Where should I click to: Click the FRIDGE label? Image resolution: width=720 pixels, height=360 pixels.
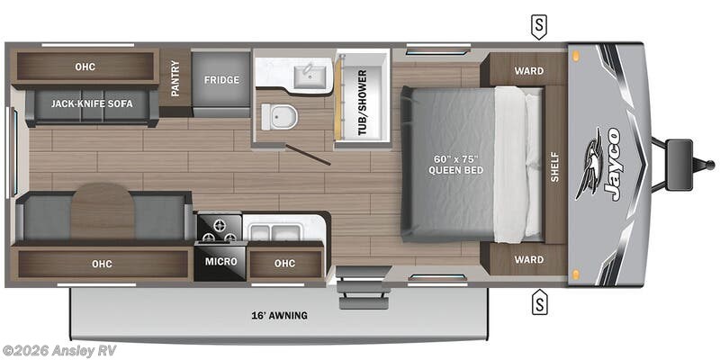pos(221,80)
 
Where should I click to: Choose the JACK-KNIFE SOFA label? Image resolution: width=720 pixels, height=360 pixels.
pos(92,103)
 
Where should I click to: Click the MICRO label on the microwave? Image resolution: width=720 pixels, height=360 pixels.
pos(220,261)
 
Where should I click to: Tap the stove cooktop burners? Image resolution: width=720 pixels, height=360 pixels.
pos(220,229)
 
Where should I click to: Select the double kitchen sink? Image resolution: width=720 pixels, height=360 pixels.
pos(273,233)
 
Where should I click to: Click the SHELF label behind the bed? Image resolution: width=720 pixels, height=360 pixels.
pos(554,165)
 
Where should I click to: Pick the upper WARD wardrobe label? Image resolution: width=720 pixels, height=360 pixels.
pos(528,71)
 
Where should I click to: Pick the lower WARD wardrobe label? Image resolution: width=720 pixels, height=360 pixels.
pos(528,260)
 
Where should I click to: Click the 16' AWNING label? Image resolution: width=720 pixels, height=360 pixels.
pos(280,315)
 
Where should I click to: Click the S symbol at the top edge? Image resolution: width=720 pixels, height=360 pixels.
pos(538,26)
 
